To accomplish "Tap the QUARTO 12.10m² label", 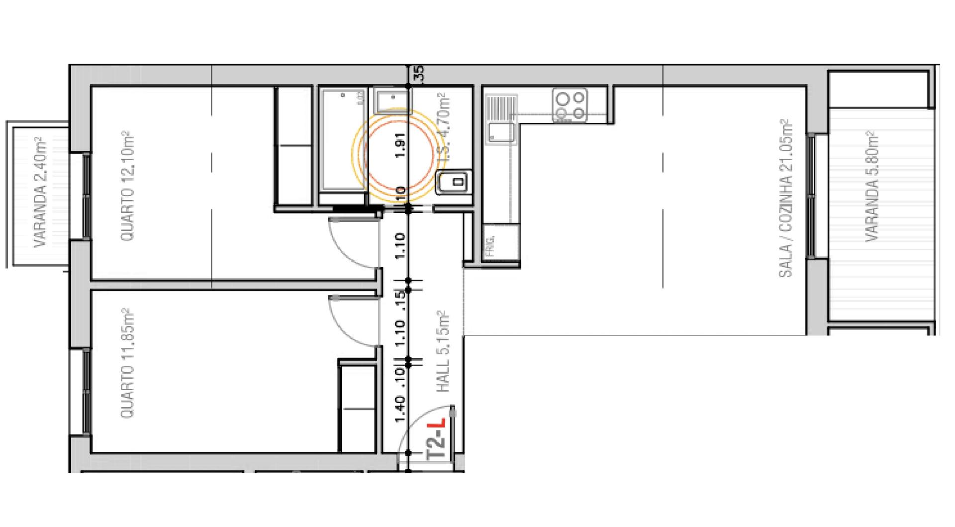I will [128, 186].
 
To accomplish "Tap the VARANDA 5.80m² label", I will [872, 187].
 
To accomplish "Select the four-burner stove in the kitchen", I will [570, 105].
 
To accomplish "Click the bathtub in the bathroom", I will [344, 139].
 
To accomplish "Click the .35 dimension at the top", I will [419, 74].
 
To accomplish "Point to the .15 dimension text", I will [401, 300].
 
